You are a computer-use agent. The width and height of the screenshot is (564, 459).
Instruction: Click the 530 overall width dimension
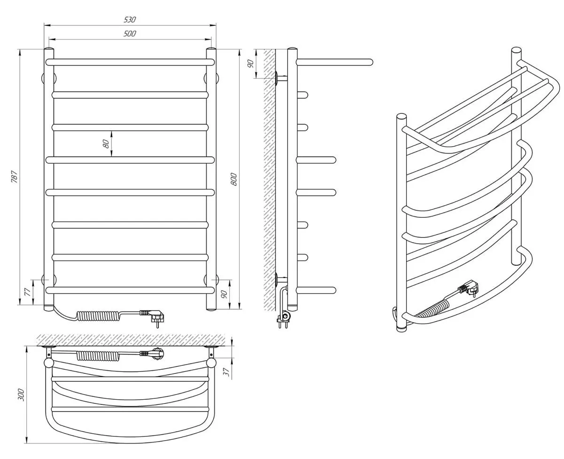click(130, 19)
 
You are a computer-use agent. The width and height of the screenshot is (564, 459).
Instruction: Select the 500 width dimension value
click(130, 33)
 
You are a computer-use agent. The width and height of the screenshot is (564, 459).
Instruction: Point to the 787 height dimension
click(15, 176)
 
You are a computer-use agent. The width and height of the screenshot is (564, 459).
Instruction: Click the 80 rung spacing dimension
click(106, 143)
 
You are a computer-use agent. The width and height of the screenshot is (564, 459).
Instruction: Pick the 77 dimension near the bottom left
click(27, 292)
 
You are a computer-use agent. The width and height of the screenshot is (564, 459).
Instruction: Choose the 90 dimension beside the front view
click(224, 294)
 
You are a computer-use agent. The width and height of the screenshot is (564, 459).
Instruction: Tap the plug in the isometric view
click(469, 288)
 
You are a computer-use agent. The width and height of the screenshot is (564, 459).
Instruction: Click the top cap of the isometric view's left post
click(401, 116)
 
